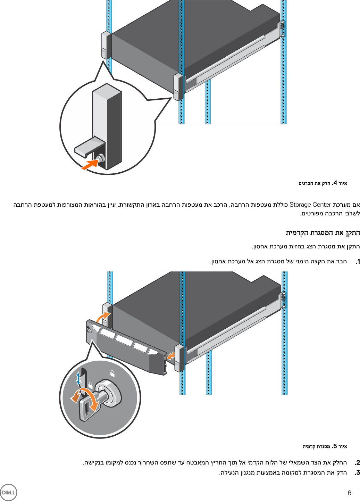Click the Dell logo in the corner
[8, 492]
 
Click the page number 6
[349, 493]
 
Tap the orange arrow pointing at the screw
[90, 164]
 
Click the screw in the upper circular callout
[101, 158]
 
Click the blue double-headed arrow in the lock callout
[79, 378]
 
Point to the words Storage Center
[310, 205]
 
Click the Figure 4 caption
[323, 183]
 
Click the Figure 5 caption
[325, 446]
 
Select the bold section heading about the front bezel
[323, 233]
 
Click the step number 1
[358, 262]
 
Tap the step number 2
[358, 463]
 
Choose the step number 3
[358, 473]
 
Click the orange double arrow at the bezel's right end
[170, 356]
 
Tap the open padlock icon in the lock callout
[112, 374]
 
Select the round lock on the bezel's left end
[90, 330]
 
